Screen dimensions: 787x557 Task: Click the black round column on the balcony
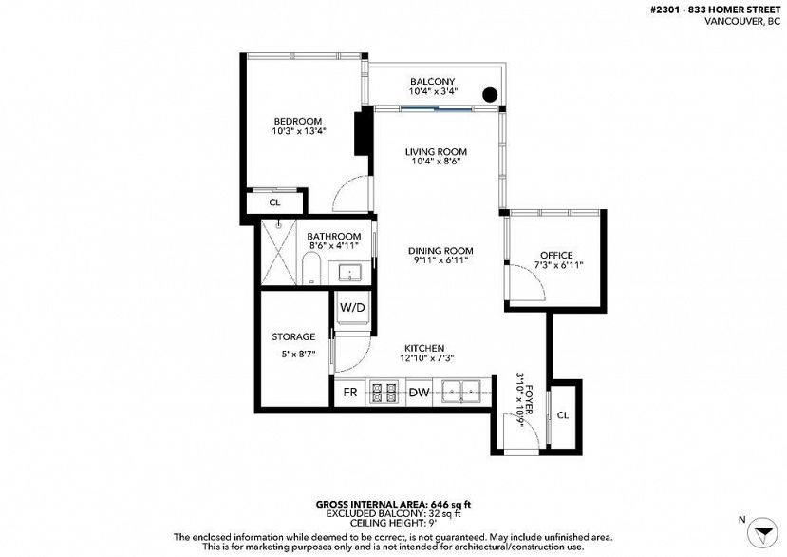coord(489,94)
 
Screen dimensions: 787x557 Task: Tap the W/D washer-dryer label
coord(352,308)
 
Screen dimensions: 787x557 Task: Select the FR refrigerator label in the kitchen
coord(350,392)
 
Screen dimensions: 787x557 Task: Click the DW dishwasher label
coord(419,392)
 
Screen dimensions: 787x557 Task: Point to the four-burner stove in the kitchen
coord(384,392)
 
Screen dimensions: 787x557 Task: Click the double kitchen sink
coord(460,391)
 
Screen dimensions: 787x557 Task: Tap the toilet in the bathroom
coord(311,269)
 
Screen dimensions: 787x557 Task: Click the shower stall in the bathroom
coord(278,252)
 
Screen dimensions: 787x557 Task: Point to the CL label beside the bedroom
coord(274,202)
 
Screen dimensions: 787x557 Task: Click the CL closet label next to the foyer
coord(563,415)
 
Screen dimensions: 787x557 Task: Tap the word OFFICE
coord(556,255)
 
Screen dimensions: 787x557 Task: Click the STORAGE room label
coord(293,336)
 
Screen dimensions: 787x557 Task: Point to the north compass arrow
coord(762,532)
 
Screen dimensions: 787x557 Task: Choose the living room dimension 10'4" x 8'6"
coord(436,162)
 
